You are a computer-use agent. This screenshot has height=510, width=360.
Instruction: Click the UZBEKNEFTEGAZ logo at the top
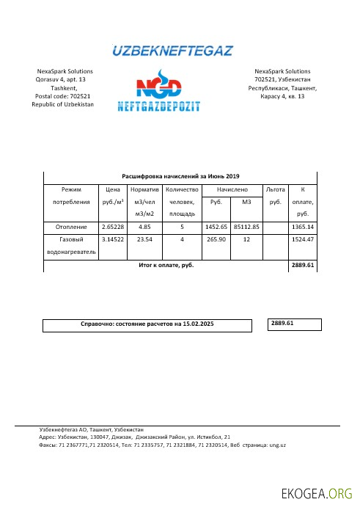click(x=172, y=51)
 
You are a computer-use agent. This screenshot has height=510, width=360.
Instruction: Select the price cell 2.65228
click(x=113, y=227)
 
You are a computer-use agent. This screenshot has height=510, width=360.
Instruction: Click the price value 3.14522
click(x=113, y=239)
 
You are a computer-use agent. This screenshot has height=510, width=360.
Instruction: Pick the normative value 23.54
click(x=149, y=239)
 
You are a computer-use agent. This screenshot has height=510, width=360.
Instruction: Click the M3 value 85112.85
click(x=246, y=227)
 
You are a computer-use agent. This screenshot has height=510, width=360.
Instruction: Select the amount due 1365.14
click(x=303, y=227)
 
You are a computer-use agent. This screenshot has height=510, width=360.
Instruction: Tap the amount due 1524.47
click(x=303, y=239)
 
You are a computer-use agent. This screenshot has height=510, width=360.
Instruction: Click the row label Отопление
click(x=70, y=227)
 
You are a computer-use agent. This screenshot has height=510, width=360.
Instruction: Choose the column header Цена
click(x=113, y=189)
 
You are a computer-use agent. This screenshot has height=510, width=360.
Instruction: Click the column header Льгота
click(x=276, y=189)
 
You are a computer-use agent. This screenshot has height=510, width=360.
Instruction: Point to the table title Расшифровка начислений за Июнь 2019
click(x=180, y=176)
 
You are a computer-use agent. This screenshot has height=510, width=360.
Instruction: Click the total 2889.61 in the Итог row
click(x=303, y=265)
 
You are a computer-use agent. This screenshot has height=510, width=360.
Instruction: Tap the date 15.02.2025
click(x=199, y=324)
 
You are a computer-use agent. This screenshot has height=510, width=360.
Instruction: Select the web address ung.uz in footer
click(x=277, y=445)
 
